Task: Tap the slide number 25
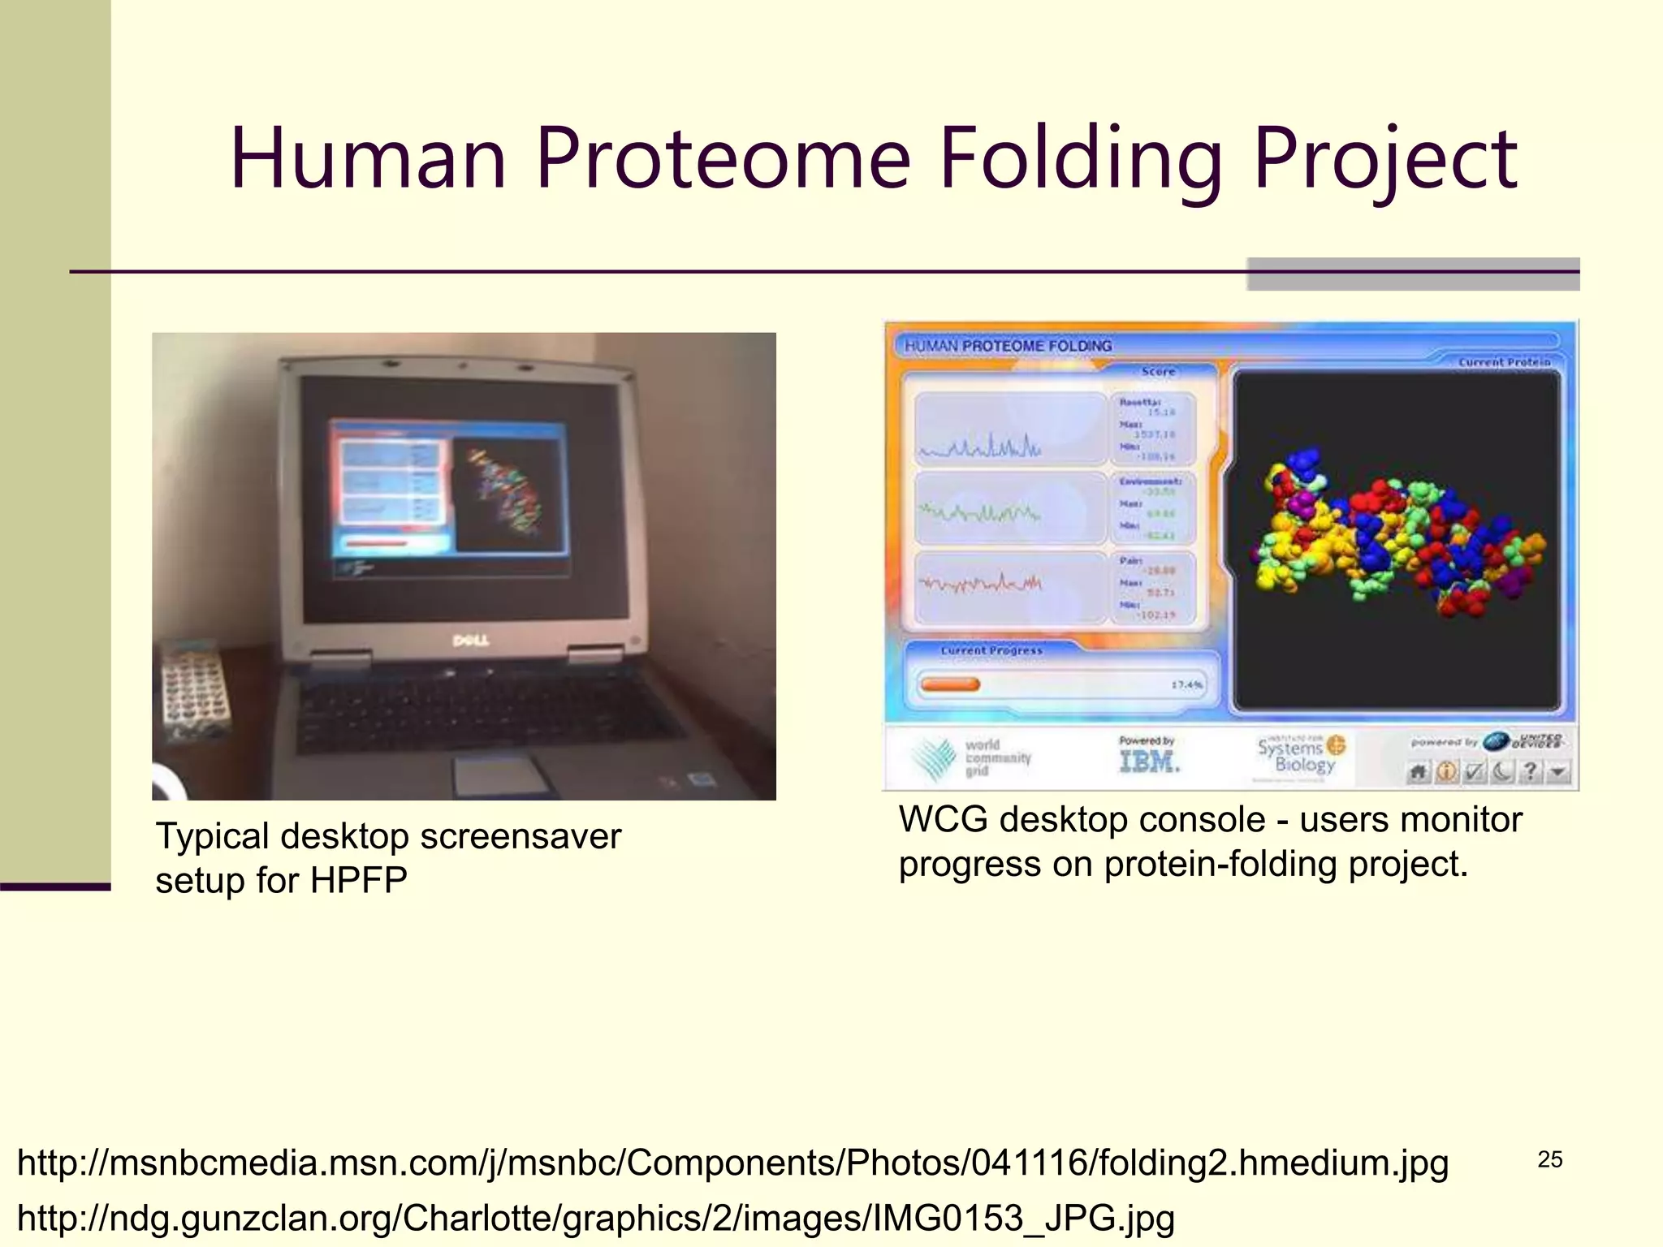[1549, 1159]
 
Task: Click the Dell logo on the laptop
[470, 641]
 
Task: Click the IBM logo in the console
[1148, 761]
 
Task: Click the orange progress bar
[950, 684]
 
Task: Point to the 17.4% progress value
[1186, 684]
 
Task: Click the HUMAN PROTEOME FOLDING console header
[1008, 346]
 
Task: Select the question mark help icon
[1530, 771]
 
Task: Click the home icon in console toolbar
[1418, 771]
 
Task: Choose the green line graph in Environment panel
[978, 513]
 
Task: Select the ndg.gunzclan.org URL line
[595, 1218]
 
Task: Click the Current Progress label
[991, 650]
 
